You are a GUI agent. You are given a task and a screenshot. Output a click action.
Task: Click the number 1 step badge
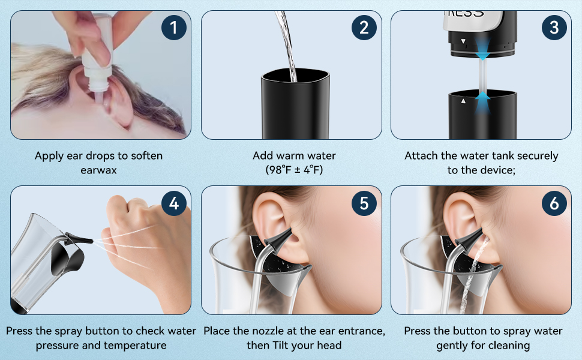coord(174,28)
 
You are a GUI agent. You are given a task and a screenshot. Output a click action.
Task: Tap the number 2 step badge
coord(364,28)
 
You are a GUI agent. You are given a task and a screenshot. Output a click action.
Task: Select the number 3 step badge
coord(554,28)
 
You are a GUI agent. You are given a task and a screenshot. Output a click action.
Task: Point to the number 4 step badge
coord(174,203)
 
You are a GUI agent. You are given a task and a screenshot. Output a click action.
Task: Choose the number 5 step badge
coord(364,203)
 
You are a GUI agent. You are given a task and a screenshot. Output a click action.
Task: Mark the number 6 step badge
coord(554,203)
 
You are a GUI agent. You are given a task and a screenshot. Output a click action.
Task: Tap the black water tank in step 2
coord(295,104)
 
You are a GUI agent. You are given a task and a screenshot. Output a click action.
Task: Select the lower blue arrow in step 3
coord(482,103)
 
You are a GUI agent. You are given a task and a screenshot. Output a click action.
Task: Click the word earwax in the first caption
coord(99,170)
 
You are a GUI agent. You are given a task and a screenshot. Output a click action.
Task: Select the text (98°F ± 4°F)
coord(295,170)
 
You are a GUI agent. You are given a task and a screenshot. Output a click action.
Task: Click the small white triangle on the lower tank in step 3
coord(463,101)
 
